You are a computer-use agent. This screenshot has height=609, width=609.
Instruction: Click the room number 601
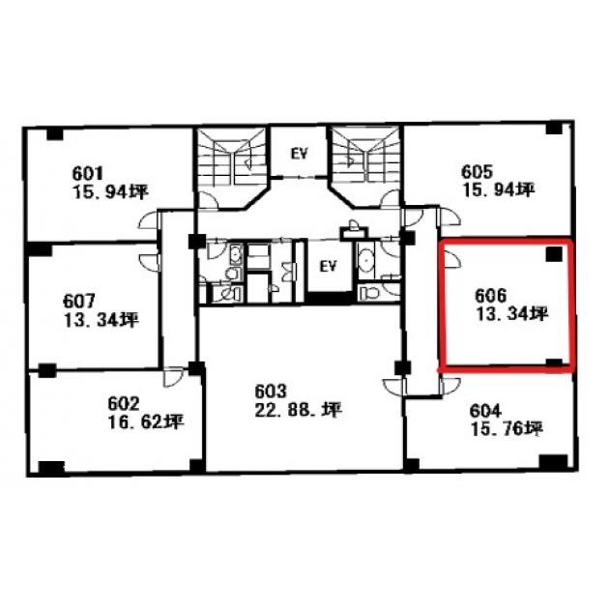click(x=88, y=173)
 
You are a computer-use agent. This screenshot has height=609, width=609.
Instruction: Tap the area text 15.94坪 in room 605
click(x=498, y=190)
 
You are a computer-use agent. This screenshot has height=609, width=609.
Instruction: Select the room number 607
click(x=79, y=302)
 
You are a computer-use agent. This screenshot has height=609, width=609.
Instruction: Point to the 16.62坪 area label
click(x=146, y=422)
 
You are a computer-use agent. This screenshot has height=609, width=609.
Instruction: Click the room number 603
click(x=271, y=391)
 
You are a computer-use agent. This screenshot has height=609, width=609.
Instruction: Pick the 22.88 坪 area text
click(x=299, y=410)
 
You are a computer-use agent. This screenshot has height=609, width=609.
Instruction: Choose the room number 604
click(x=485, y=411)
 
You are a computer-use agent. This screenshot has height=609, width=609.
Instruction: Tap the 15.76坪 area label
click(x=507, y=429)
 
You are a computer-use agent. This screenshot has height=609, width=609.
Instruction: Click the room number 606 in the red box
click(x=491, y=296)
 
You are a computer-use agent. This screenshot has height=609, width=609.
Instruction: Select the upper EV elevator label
click(x=299, y=155)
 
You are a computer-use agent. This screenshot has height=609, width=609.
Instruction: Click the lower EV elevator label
click(x=328, y=266)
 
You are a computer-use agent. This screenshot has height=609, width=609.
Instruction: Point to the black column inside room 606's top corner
click(x=554, y=254)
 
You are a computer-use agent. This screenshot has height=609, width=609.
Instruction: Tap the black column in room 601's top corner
click(x=55, y=134)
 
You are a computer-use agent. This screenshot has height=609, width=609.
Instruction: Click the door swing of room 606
click(x=452, y=259)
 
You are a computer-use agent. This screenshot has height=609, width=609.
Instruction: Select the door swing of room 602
click(x=173, y=377)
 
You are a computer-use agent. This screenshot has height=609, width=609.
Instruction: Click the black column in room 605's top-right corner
click(x=554, y=128)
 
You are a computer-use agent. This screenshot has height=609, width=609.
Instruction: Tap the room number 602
click(x=124, y=404)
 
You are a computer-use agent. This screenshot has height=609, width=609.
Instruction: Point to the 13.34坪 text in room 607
click(x=101, y=320)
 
